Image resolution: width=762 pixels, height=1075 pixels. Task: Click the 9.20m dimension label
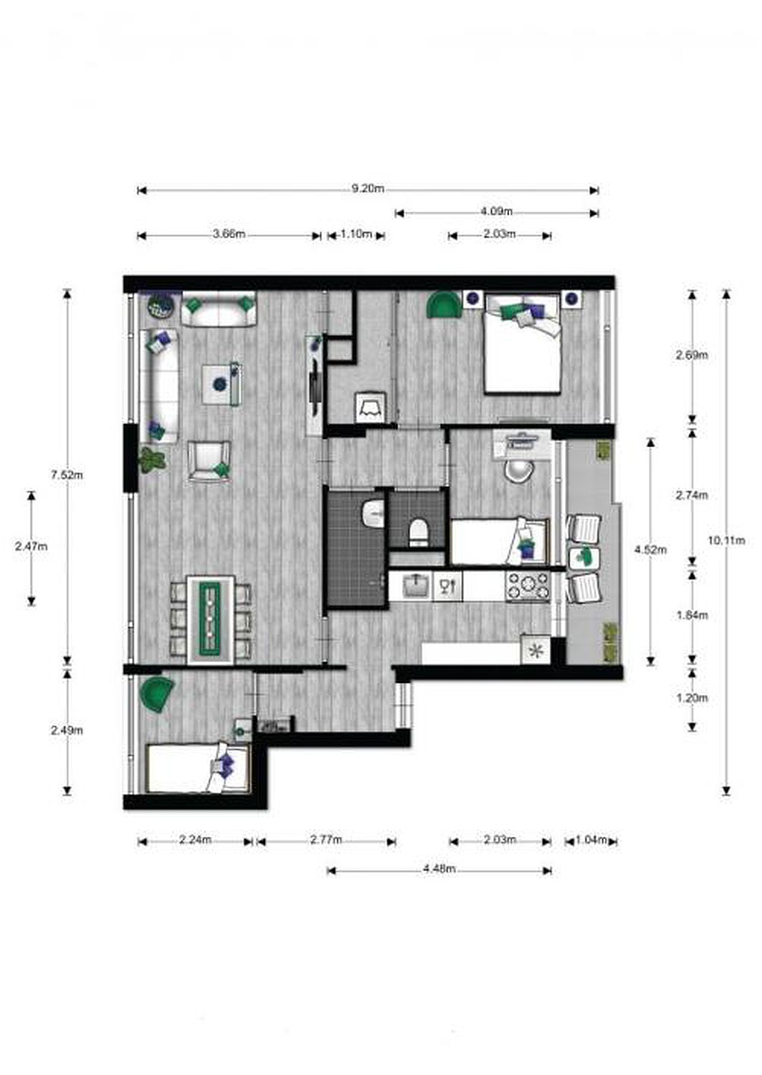pos(368,188)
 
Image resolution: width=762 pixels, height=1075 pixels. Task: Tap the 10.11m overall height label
pos(726,540)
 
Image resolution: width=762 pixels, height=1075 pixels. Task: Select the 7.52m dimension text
pos(67,475)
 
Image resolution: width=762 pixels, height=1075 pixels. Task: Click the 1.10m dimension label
pos(357,234)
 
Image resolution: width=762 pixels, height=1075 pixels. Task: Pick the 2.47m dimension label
pos(31,546)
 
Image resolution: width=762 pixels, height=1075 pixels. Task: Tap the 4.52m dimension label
pos(651,550)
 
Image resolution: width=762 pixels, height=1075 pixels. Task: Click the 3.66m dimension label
pos(229,234)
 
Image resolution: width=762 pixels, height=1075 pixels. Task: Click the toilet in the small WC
pos(419,533)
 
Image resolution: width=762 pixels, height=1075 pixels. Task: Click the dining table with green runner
pos(210,619)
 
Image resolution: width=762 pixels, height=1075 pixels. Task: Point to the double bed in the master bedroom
pos(523,343)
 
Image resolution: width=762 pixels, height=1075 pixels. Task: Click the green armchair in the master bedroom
pos(443,305)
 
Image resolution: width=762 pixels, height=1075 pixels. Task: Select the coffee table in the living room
pos(222,384)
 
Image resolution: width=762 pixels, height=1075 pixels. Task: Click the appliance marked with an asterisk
pos(536,651)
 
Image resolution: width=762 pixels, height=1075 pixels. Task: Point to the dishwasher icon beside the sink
pos(447,585)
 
